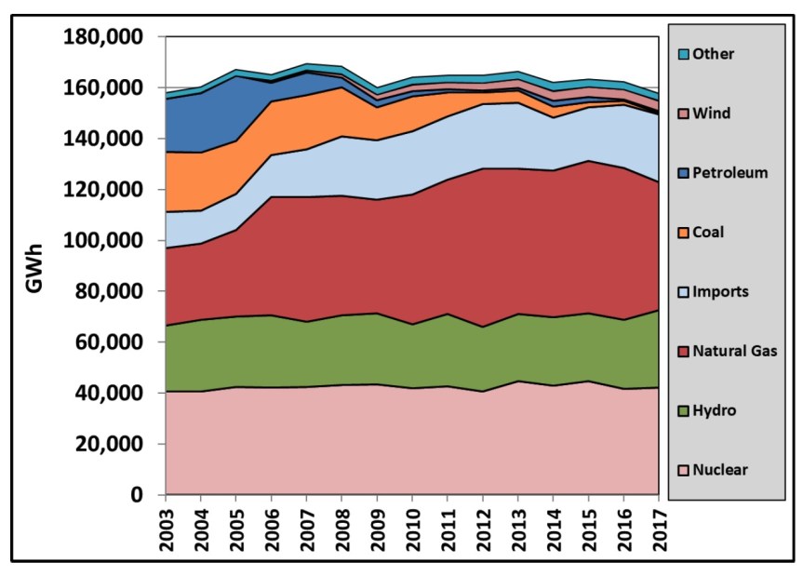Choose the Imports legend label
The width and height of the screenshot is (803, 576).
coord(731,292)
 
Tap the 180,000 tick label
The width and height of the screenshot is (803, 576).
coord(104,37)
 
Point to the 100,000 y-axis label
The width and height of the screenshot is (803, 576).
coord(104,241)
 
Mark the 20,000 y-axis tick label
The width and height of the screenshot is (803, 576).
coord(109,445)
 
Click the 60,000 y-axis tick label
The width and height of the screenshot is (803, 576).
coord(109,342)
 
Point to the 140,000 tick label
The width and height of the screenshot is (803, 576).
coord(104,139)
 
